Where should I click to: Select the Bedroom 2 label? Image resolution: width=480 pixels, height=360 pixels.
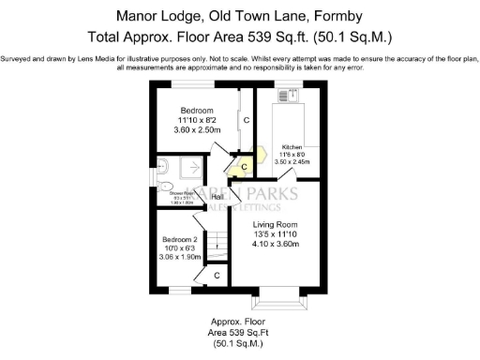(178, 239)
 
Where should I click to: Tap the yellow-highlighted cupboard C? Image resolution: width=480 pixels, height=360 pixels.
(243, 167)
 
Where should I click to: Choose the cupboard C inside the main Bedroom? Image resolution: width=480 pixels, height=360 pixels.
(246, 121)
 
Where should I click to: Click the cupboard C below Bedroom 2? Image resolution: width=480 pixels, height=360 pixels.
(217, 276)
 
